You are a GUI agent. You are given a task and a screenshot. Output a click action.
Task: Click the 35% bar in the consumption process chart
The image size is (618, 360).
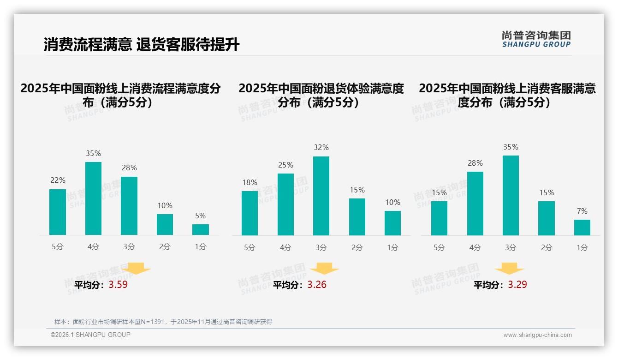click(93, 198)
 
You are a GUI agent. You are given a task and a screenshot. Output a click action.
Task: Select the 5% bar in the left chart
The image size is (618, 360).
click(201, 229)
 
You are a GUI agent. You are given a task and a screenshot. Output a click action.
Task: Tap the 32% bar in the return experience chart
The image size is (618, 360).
click(321, 196)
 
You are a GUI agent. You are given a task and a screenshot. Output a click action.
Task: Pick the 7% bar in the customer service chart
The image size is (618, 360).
click(582, 228)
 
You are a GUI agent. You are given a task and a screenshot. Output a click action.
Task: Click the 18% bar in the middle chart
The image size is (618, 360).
click(250, 213)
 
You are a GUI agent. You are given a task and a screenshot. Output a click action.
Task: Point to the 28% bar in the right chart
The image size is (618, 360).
click(475, 204)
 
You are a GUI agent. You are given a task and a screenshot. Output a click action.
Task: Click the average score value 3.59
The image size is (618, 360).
click(118, 285)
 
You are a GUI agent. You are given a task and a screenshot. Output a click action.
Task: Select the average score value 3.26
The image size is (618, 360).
click(317, 285)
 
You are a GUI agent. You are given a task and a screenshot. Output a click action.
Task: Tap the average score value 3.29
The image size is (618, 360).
click(517, 285)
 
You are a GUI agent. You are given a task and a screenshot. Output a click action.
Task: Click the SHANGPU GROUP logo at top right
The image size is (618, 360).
click(536, 39)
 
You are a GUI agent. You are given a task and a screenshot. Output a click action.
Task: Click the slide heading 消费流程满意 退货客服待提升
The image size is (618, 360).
click(142, 45)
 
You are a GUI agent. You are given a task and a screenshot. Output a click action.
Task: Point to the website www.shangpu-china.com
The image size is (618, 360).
click(537, 335)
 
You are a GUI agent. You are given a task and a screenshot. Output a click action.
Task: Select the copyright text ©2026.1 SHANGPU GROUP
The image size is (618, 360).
click(90, 335)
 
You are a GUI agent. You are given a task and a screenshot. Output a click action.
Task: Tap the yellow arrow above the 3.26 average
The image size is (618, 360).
click(324, 269)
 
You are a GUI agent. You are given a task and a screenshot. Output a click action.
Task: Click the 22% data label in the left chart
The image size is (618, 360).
click(58, 180)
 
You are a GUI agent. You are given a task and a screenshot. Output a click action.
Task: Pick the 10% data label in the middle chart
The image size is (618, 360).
click(392, 202)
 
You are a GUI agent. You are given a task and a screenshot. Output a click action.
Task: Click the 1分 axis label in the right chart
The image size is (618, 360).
click(582, 247)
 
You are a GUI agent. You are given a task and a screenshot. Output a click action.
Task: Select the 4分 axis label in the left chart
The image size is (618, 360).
click(93, 247)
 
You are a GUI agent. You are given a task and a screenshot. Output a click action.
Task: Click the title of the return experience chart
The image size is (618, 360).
click(321, 95)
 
